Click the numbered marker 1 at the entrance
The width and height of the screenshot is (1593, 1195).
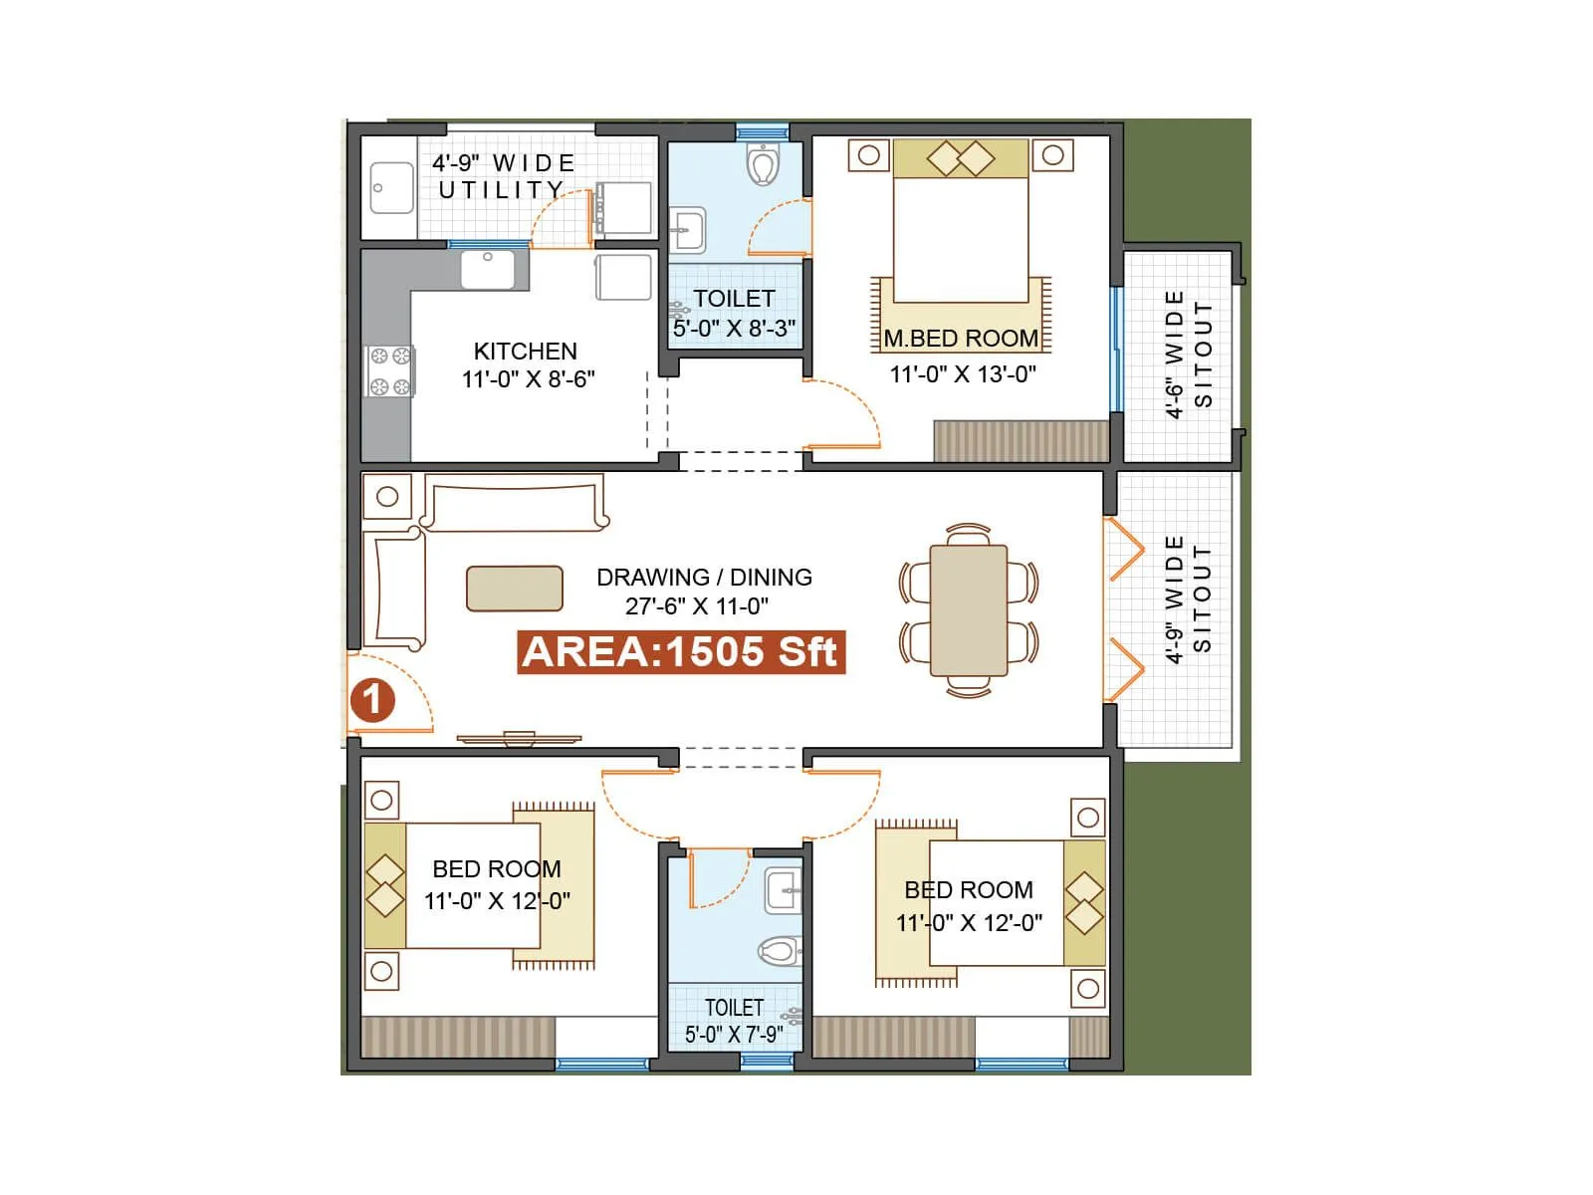click(372, 700)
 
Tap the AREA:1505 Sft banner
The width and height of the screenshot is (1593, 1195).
click(681, 652)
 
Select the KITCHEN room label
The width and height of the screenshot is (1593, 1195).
click(525, 352)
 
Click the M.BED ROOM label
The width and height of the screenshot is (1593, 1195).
click(961, 339)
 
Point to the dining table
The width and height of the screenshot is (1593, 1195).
click(968, 609)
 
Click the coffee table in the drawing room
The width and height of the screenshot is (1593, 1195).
click(515, 588)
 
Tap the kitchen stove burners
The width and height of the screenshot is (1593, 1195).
click(389, 371)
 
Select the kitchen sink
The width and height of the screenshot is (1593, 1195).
click(488, 269)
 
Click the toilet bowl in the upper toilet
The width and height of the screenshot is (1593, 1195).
click(763, 165)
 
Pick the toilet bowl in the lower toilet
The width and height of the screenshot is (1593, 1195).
click(779, 951)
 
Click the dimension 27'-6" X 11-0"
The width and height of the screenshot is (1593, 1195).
click(697, 605)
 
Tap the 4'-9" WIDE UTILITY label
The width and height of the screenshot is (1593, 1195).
click(504, 176)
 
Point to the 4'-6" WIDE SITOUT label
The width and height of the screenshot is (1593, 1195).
click(1189, 355)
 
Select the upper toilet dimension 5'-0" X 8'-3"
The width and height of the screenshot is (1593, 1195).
click(735, 329)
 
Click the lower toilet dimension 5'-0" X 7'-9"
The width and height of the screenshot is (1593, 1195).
click(734, 1035)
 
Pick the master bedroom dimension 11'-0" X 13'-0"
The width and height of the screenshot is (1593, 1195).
click(963, 374)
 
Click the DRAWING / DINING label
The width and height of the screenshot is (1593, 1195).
click(704, 578)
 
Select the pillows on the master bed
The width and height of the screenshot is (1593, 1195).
click(961, 157)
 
